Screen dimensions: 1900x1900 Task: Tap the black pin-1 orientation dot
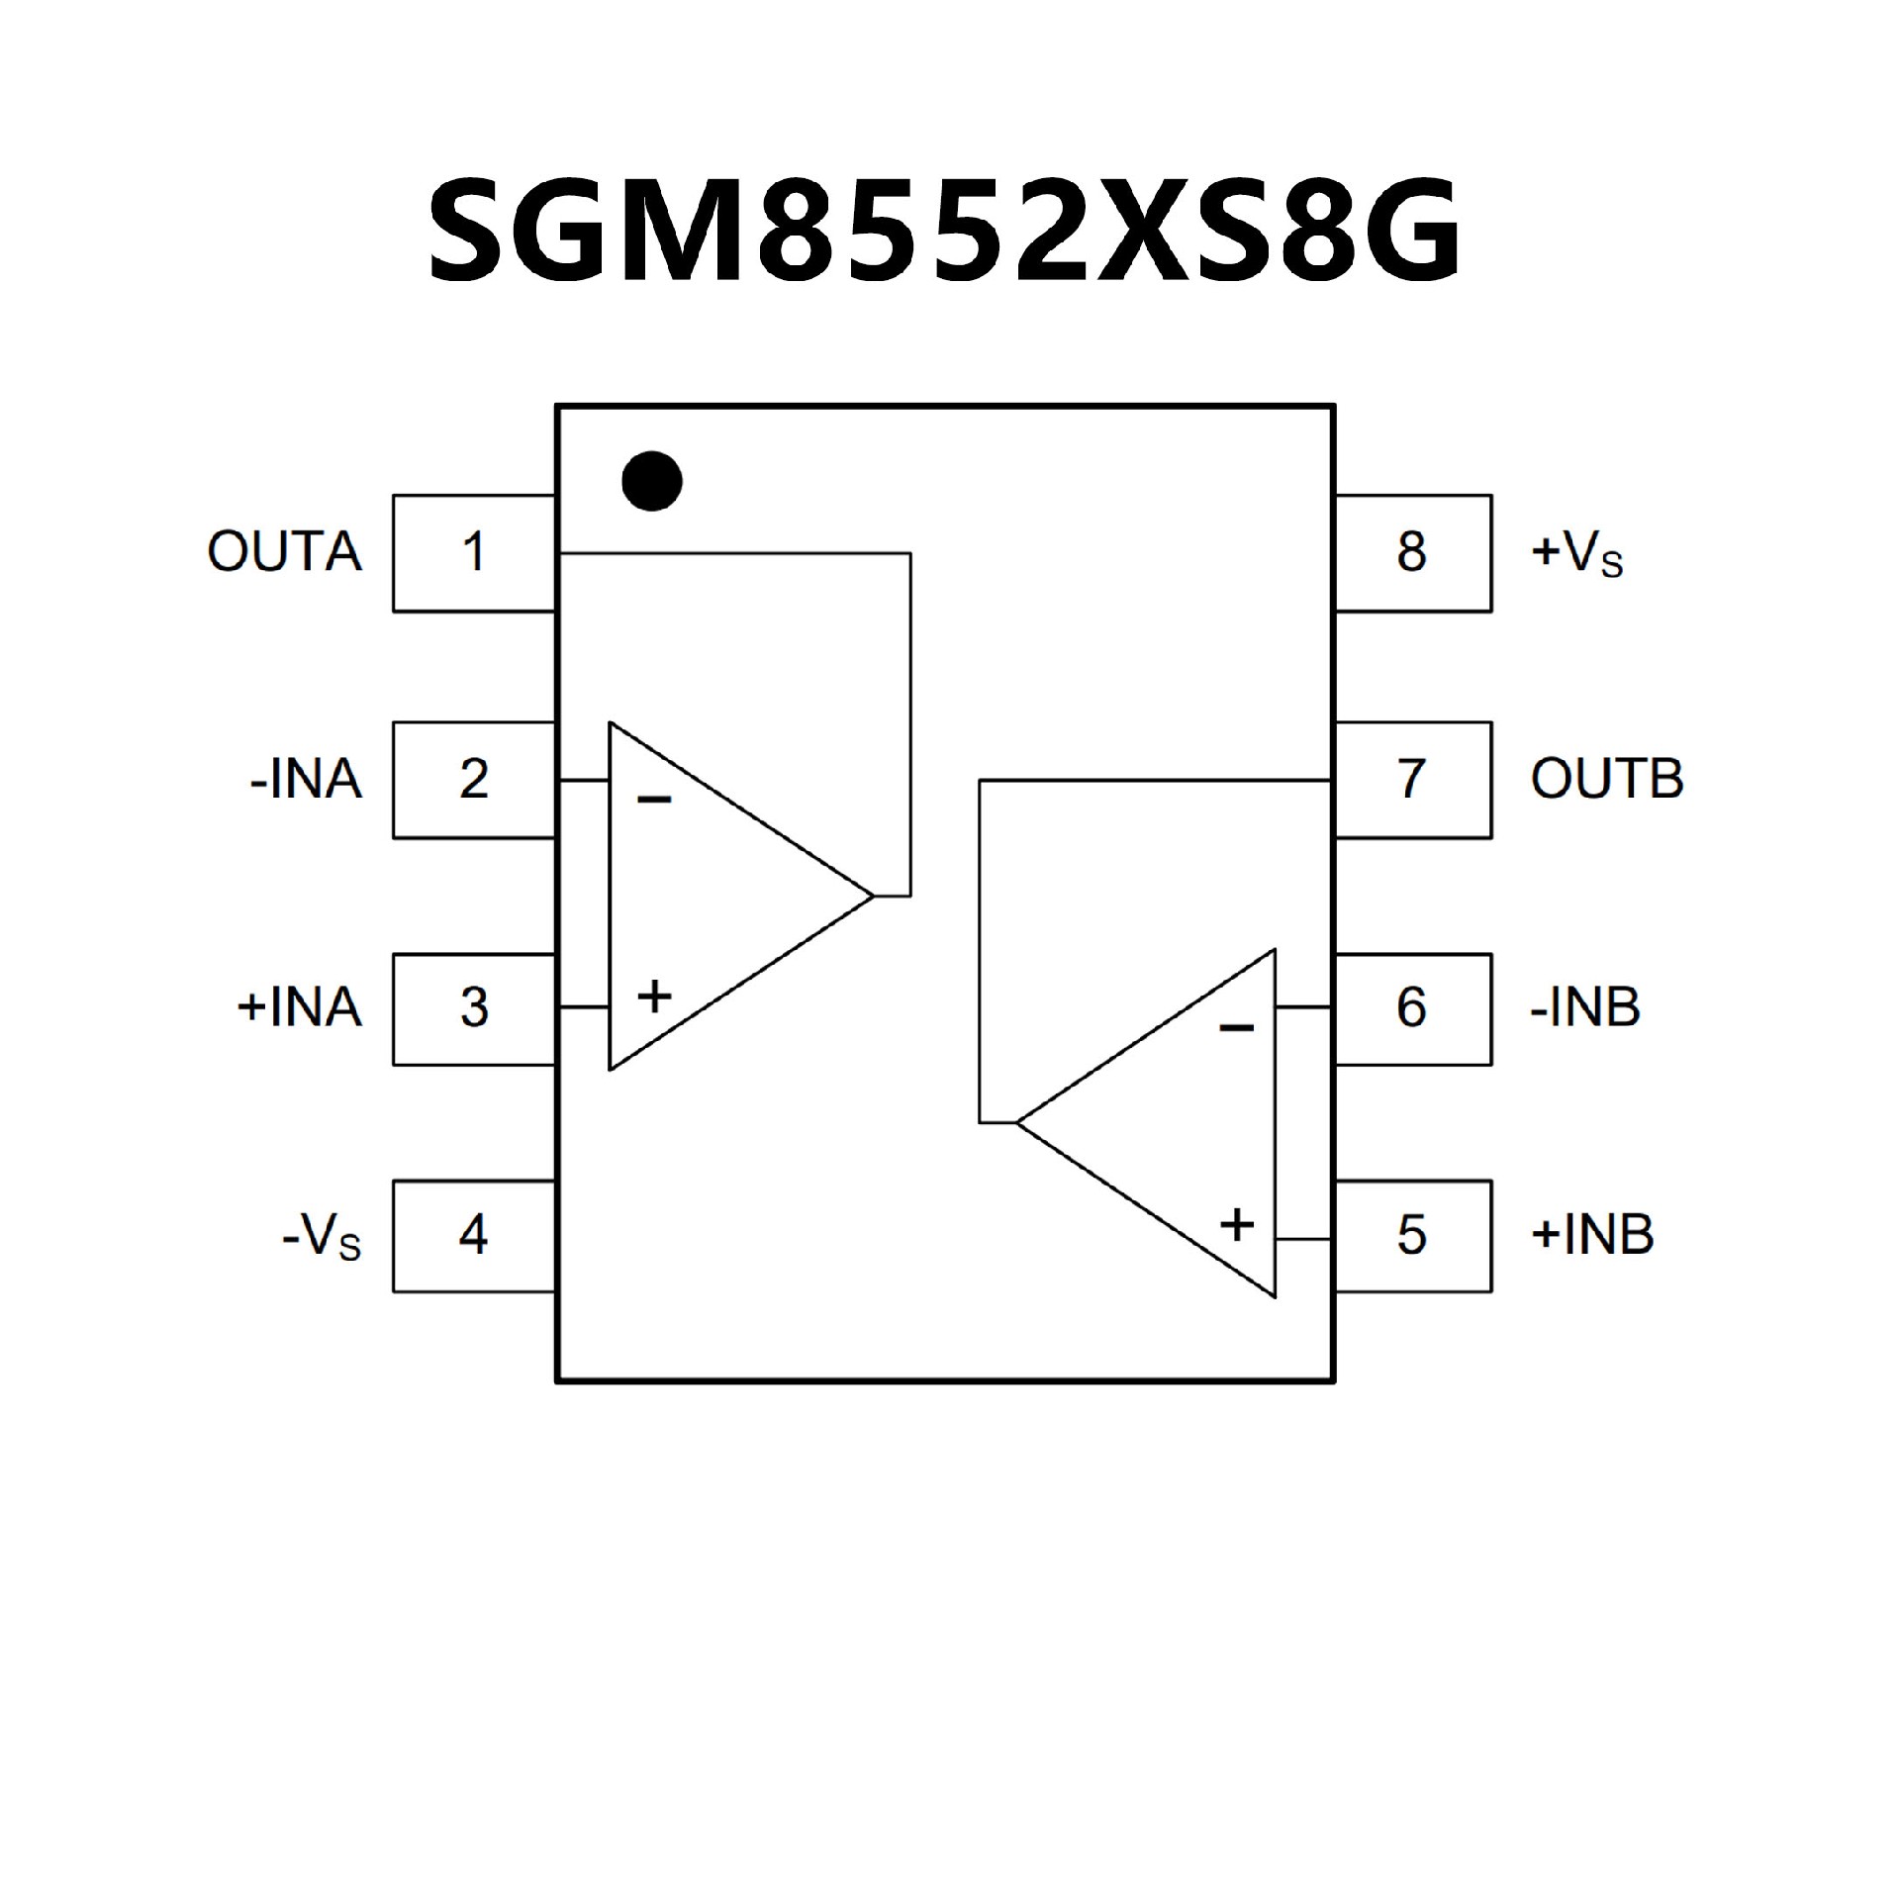pyautogui.click(x=652, y=482)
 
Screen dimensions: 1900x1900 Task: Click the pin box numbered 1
pyautogui.click(x=474, y=553)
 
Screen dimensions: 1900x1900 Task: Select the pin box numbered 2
pyautogui.click(x=474, y=780)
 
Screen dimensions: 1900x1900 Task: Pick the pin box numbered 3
pyautogui.click(x=474, y=1008)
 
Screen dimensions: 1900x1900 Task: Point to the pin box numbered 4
pyautogui.click(x=474, y=1235)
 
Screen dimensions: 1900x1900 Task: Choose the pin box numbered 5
pyautogui.click(x=1412, y=1235)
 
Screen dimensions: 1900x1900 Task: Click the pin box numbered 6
pyautogui.click(x=1412, y=1008)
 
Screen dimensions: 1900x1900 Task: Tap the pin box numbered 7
pyautogui.click(x=1412, y=780)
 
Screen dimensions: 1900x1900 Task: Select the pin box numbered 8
pyautogui.click(x=1412, y=553)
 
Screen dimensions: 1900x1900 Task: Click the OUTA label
pyautogui.click(x=285, y=553)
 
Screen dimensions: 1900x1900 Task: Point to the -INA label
pyautogui.click(x=306, y=780)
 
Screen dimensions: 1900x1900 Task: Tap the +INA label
pyautogui.click(x=299, y=1008)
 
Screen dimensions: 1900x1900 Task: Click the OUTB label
pyautogui.click(x=1607, y=780)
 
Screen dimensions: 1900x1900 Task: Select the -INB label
pyautogui.click(x=1585, y=1008)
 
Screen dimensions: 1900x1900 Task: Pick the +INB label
pyautogui.click(x=1592, y=1235)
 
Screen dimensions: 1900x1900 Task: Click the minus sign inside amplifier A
pyautogui.click(x=654, y=799)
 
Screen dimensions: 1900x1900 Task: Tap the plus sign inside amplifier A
pyautogui.click(x=654, y=996)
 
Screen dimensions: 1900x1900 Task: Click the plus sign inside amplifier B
pyautogui.click(x=1237, y=1225)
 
